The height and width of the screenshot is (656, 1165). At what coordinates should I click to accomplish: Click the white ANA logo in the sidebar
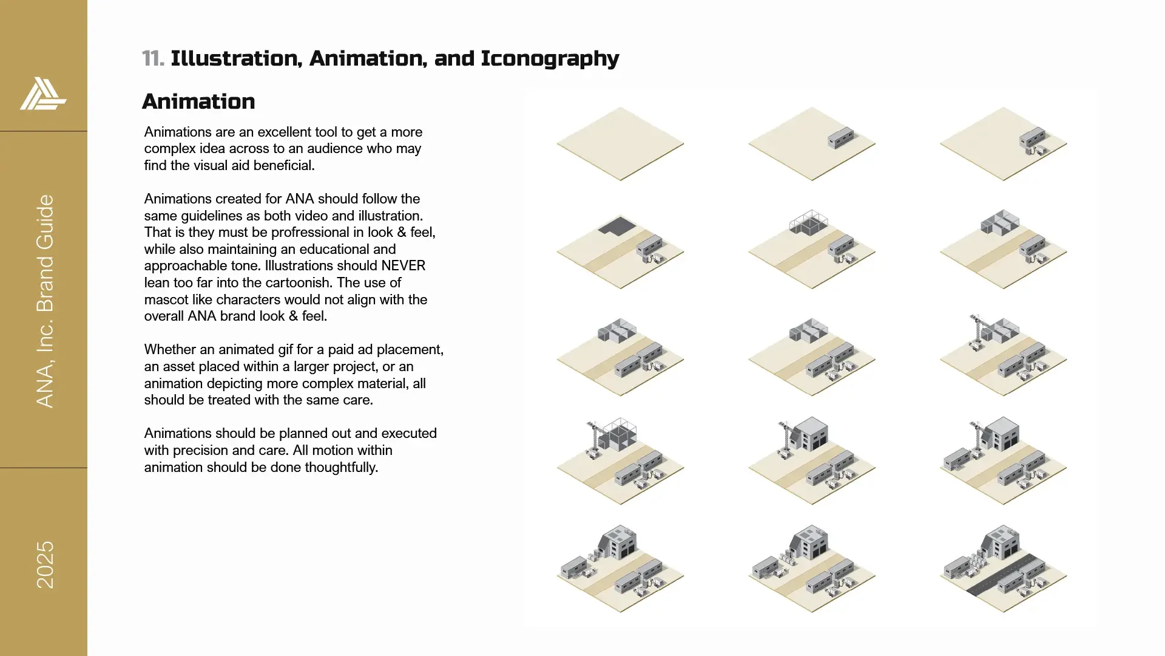coord(43,94)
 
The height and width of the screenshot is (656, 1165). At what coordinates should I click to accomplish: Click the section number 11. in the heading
coord(153,59)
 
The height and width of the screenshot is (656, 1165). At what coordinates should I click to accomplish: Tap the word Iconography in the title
coord(550,59)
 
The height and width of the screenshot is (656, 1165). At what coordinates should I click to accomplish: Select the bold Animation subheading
coord(198,101)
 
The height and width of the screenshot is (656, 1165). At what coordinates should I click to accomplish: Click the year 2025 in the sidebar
coord(46,565)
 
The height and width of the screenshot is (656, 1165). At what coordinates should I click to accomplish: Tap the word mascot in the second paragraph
coord(164,299)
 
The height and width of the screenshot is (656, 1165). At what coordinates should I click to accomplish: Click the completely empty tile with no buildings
coord(620,144)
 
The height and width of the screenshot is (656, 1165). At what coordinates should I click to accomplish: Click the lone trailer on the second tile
coord(841,138)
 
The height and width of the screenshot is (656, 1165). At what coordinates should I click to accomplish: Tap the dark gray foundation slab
coord(617,226)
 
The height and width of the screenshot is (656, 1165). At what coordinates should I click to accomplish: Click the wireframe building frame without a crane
coord(808,222)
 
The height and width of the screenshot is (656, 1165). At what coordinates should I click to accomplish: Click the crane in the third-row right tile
coord(977,332)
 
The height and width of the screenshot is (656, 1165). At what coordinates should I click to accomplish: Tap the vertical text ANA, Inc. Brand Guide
coord(46,301)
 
